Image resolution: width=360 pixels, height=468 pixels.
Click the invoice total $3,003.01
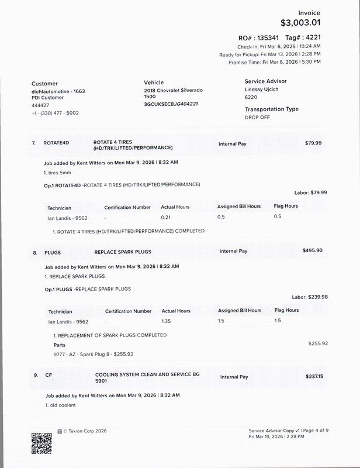(x=300, y=23)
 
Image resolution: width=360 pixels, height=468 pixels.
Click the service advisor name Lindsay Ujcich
(x=265, y=91)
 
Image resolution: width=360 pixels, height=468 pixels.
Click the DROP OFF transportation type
(x=258, y=117)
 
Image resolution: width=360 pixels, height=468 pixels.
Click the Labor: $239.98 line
(x=310, y=297)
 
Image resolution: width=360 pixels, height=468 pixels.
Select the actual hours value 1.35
(x=167, y=321)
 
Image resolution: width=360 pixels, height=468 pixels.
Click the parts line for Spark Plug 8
(x=94, y=354)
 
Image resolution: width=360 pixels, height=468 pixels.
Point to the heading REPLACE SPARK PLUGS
(x=123, y=252)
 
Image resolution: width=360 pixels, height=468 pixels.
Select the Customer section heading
(x=44, y=84)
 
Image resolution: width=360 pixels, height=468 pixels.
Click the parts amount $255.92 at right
(x=318, y=343)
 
